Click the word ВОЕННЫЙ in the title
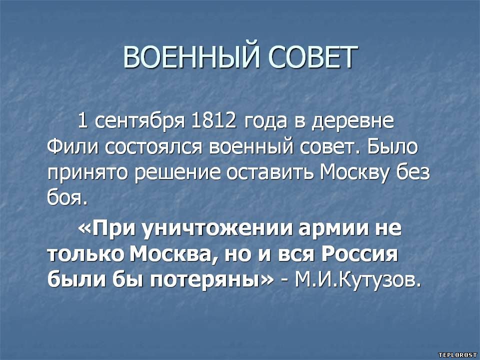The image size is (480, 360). (x=192, y=57)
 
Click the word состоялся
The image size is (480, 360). (x=153, y=147)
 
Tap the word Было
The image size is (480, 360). (x=392, y=146)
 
